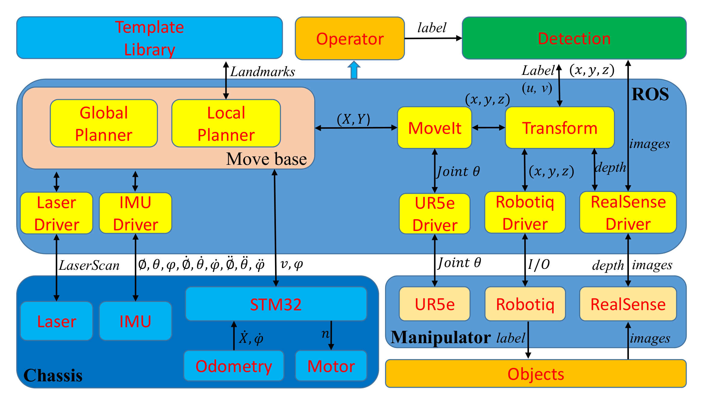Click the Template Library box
150,38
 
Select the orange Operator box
350,39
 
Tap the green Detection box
574,38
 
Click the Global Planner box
104,124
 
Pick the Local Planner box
226,124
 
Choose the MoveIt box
434,128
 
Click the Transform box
560,128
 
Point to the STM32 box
276,304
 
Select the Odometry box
234,366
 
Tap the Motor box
331,366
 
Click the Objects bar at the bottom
536,374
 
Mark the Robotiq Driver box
525,213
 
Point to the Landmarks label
263,72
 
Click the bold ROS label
650,94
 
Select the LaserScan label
89,266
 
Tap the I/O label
539,265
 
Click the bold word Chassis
53,375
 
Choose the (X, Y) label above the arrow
354,119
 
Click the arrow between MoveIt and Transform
489,128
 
